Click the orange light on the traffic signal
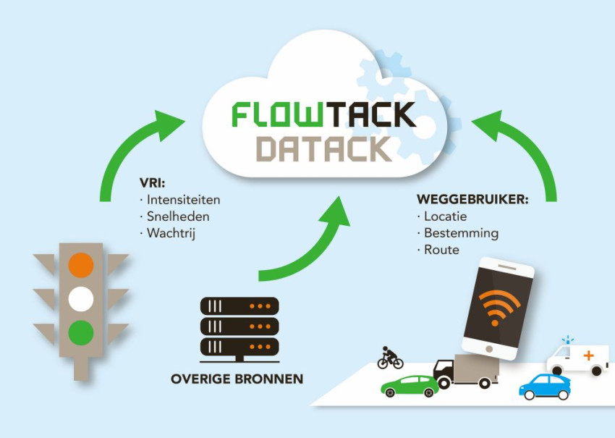tap(81, 264)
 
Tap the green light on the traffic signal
tap(81, 332)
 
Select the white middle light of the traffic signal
tap(81, 298)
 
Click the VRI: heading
tap(152, 182)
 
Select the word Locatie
tap(445, 216)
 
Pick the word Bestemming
tap(461, 233)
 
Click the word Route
tap(441, 250)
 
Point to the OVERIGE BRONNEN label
tap(237, 379)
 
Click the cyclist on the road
tap(390, 357)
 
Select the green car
tap(410, 385)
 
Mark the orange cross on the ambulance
tap(588, 356)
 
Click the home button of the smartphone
tap(490, 349)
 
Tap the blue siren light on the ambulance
tap(568, 339)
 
